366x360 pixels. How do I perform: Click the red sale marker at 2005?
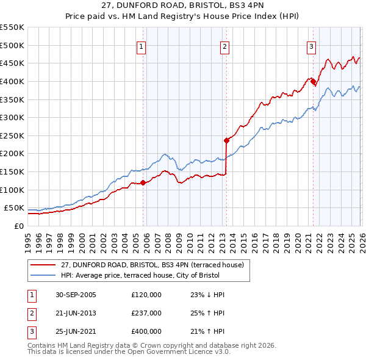143,182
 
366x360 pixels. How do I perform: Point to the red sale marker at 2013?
226,140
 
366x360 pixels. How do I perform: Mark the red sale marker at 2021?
313,81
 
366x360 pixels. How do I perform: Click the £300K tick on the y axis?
12,117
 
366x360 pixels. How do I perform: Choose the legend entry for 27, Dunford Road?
152,265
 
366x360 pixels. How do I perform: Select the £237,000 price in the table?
146,313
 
